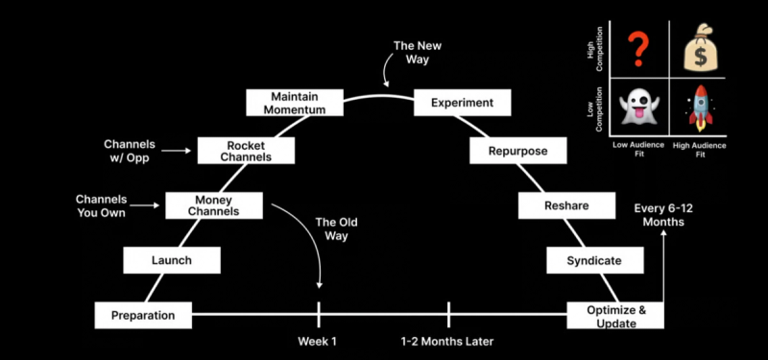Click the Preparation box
143,315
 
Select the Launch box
172,260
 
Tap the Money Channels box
214,204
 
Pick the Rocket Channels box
247,151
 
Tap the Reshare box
566,205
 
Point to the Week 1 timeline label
318,341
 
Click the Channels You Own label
102,205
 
